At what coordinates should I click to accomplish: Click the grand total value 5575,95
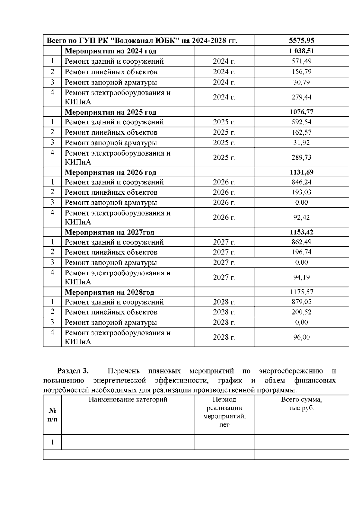pos(301,40)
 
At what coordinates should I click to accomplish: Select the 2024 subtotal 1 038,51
pos(301,51)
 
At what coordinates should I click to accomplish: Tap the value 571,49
pos(301,61)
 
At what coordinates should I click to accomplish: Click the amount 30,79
pos(301,82)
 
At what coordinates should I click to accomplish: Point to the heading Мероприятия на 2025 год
pos(110,112)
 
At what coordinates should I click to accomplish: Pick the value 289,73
pos(301,157)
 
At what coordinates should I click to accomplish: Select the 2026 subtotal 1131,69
pos(301,172)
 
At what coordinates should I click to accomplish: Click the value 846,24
pos(301,182)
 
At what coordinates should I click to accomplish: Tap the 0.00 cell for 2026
pos(301,203)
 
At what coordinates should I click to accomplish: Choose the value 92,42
pos(301,217)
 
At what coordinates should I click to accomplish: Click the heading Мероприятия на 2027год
pos(110,232)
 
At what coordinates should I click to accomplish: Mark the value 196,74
pos(301,252)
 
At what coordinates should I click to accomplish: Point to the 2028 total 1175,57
pos(301,292)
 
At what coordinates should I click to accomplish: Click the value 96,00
pos(301,337)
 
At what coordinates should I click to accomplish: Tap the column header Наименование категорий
pos(128,400)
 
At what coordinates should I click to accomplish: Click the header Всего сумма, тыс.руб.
pos(301,404)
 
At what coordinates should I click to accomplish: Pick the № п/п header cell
pos(52,415)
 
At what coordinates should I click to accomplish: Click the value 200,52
pos(301,312)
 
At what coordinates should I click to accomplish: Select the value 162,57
pos(301,132)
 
